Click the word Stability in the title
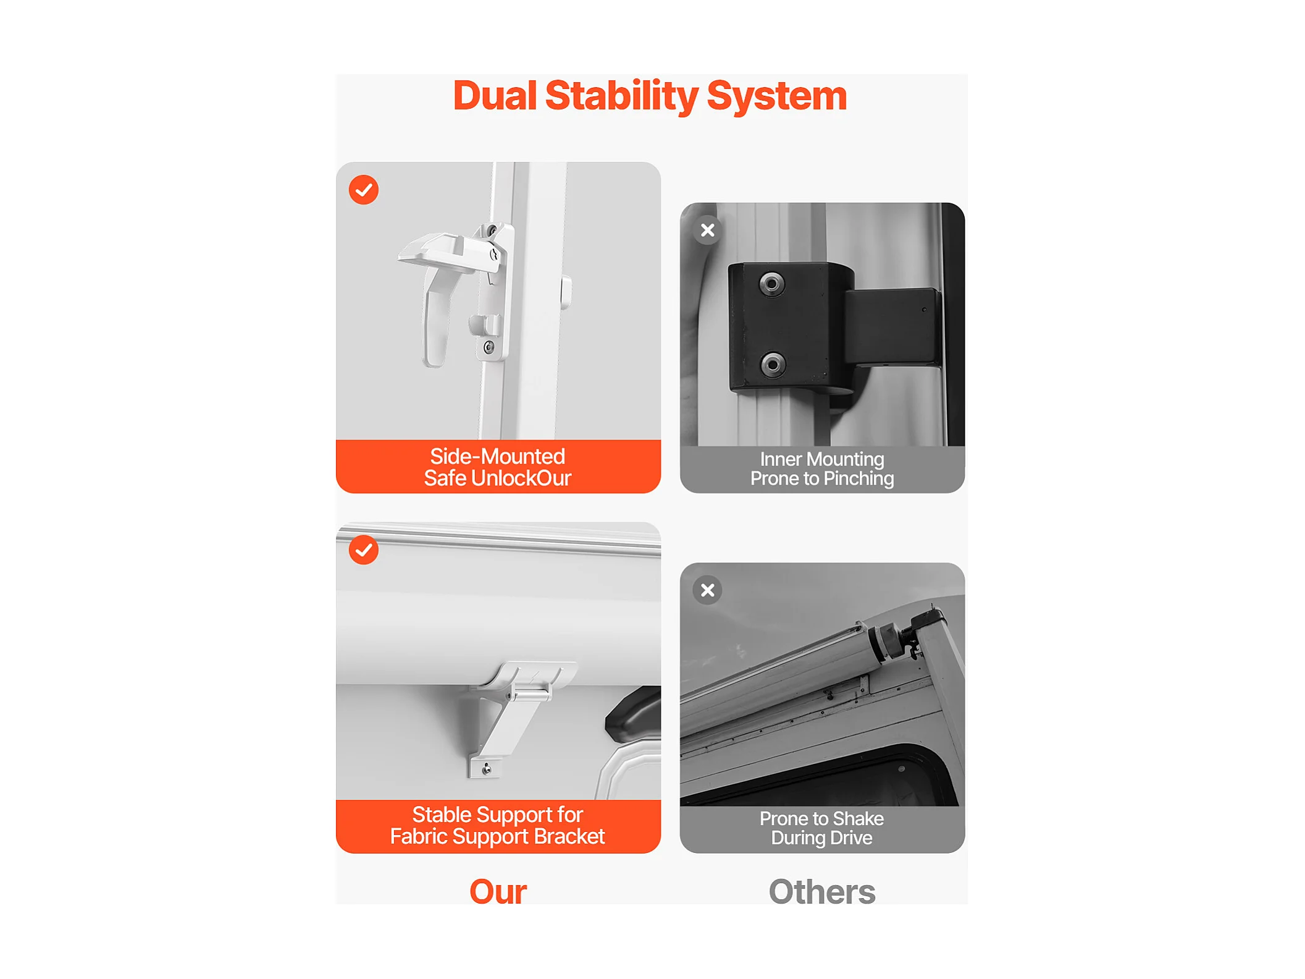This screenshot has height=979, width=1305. [x=621, y=96]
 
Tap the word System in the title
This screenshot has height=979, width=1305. [x=776, y=96]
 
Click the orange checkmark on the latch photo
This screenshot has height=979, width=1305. [x=364, y=190]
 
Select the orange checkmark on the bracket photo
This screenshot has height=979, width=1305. [x=364, y=549]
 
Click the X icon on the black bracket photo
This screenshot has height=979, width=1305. [x=708, y=231]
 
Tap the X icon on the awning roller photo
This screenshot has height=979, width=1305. [x=708, y=590]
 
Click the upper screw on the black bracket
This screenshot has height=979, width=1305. [x=771, y=284]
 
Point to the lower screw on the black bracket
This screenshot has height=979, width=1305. [x=772, y=364]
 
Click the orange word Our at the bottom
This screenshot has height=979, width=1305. [x=498, y=891]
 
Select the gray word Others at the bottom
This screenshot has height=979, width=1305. [x=822, y=891]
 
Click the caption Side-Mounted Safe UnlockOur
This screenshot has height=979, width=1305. [x=498, y=467]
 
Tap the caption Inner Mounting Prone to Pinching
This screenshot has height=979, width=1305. [x=822, y=468]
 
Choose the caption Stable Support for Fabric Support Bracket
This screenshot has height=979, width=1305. [x=498, y=826]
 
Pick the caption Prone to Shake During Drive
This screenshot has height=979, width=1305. [x=822, y=828]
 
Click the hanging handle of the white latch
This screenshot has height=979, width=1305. [x=436, y=321]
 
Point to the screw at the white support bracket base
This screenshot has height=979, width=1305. [x=487, y=768]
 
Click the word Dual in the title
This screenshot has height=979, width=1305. [x=495, y=96]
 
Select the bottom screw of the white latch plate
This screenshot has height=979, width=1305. [x=489, y=347]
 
